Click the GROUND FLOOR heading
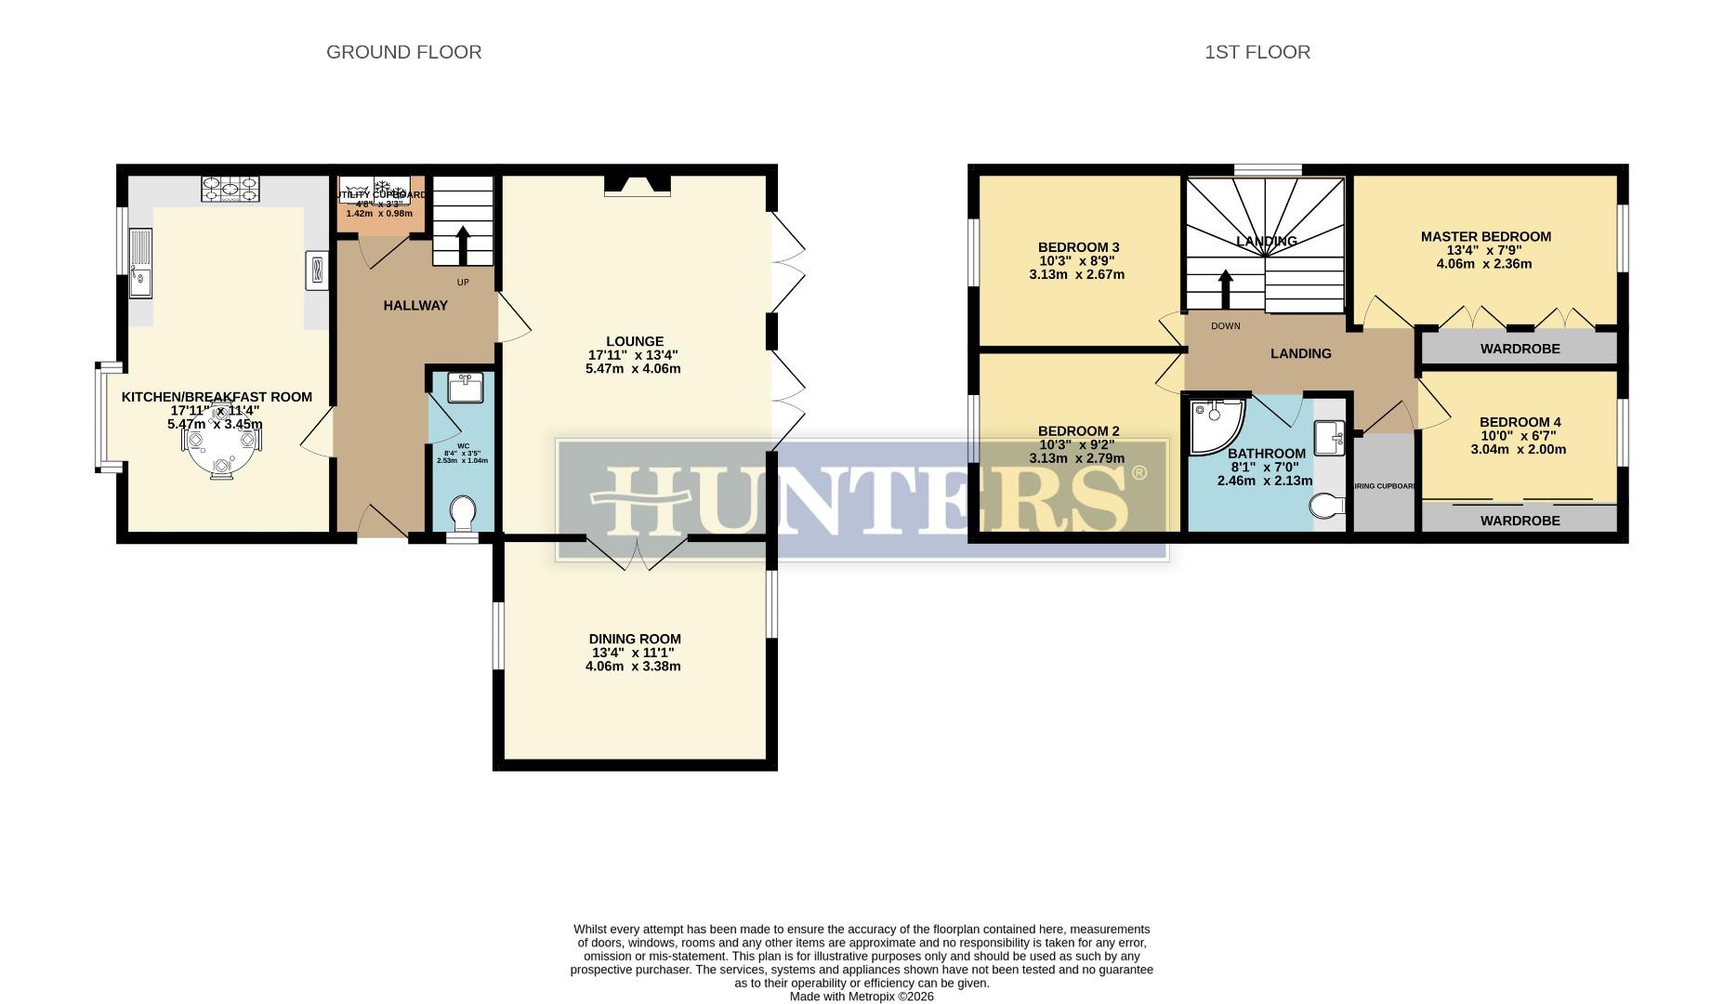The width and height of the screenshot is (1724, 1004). tap(403, 52)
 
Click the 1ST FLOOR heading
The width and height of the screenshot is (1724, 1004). tap(1257, 52)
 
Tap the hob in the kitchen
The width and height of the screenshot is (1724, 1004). tap(230, 190)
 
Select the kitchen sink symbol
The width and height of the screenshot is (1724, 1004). tap(140, 263)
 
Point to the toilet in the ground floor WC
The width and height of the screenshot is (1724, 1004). tap(462, 513)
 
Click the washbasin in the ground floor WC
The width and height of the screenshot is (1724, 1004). tap(466, 387)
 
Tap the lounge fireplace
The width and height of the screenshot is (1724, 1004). tap(637, 185)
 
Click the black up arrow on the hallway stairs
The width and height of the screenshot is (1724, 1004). tap(463, 245)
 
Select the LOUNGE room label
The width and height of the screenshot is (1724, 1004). tap(635, 341)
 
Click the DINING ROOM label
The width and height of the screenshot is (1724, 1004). tap(635, 639)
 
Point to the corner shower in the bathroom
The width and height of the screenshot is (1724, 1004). tap(1216, 427)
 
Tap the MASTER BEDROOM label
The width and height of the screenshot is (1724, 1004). tap(1485, 236)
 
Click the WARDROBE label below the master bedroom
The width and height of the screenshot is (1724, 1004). tap(1520, 349)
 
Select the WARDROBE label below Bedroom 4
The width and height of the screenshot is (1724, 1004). tap(1520, 521)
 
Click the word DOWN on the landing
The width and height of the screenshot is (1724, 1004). tap(1225, 326)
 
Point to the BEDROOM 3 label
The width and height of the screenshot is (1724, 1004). tap(1078, 247)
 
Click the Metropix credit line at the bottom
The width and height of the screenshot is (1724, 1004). tap(862, 997)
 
